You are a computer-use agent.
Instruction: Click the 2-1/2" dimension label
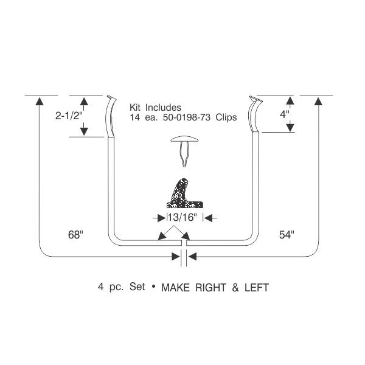pyautogui.click(x=69, y=116)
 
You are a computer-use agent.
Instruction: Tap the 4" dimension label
pyautogui.click(x=285, y=114)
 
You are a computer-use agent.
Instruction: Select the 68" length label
pyautogui.click(x=75, y=235)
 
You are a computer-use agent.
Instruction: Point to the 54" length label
pyautogui.click(x=287, y=235)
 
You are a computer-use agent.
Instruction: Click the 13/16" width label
pyautogui.click(x=182, y=217)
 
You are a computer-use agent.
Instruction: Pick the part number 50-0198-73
pyautogui.click(x=187, y=117)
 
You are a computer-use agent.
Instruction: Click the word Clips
pyautogui.click(x=226, y=117)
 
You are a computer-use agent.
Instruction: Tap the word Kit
pyautogui.click(x=135, y=108)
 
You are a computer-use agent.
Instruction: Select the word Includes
pyautogui.click(x=163, y=108)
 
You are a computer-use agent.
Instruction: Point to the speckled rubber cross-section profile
pyautogui.click(x=184, y=193)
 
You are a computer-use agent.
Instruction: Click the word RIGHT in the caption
pyautogui.click(x=210, y=288)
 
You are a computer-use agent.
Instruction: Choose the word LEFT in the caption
pyautogui.click(x=257, y=288)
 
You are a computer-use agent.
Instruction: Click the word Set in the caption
pyautogui.click(x=137, y=287)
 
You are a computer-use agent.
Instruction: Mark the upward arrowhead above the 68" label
pyautogui.click(x=40, y=101)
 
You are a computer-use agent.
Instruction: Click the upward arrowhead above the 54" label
pyautogui.click(x=318, y=101)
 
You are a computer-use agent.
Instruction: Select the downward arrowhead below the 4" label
pyautogui.click(x=290, y=128)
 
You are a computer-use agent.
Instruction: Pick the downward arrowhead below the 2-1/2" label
pyautogui.click(x=84, y=132)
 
